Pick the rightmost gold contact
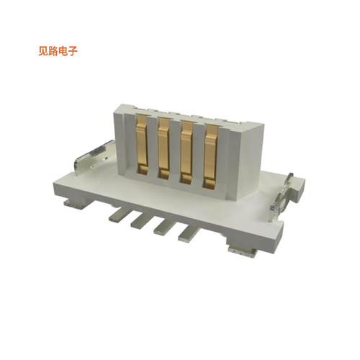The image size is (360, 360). [x=211, y=153]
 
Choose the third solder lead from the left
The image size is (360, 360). [x=163, y=227]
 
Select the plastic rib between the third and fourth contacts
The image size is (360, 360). [x=199, y=152]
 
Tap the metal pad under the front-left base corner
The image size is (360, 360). [x=72, y=204]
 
